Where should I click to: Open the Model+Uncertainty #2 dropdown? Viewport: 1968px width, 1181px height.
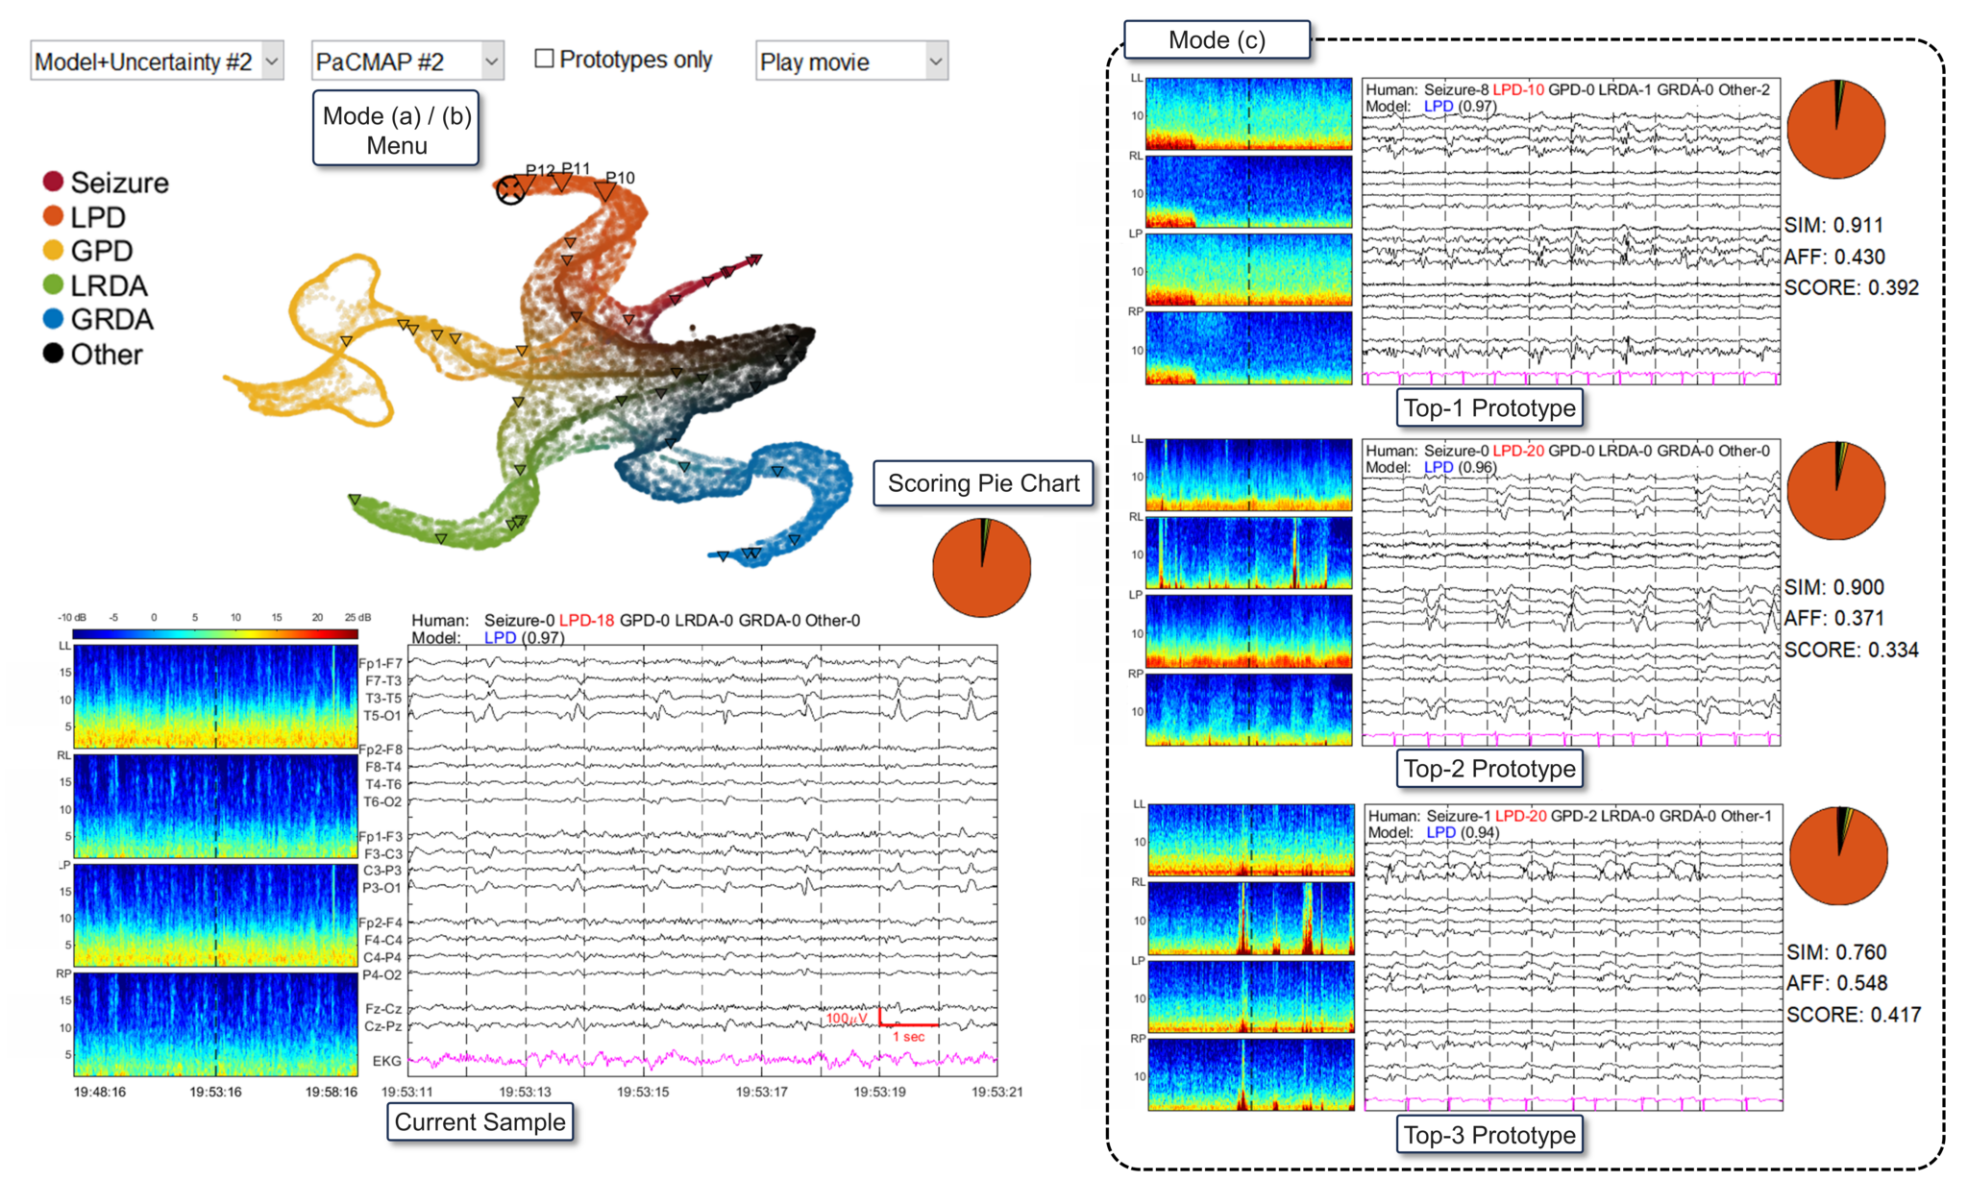157,62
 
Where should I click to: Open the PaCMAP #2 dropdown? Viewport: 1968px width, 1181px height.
407,62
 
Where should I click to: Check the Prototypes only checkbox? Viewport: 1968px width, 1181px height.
545,59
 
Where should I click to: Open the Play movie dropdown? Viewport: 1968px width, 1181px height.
851,62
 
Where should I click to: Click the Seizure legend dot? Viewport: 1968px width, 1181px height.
54,182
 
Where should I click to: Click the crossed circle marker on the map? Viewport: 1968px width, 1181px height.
510,190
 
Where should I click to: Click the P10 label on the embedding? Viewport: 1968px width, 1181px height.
621,178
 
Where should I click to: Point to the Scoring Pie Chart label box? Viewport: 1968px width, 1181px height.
983,483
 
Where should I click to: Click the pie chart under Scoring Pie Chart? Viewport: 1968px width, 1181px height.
981,567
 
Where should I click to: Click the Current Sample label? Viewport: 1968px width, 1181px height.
480,1121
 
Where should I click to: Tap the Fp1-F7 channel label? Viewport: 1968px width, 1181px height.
381,663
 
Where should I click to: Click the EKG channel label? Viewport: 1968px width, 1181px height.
386,1061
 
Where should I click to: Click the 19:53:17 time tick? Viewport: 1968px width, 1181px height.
761,1092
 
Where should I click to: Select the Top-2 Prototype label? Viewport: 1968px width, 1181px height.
1488,769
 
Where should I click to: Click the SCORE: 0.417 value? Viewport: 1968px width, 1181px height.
1853,1015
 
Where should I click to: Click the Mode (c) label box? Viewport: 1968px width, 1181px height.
1217,40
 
